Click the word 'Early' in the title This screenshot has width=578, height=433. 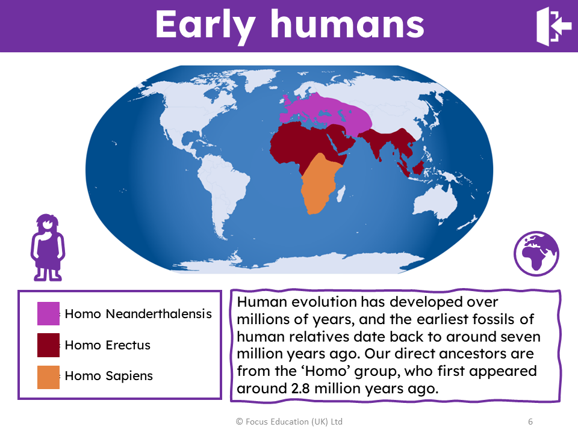point(205,26)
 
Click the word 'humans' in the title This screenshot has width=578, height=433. point(347,24)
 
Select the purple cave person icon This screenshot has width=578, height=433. point(48,247)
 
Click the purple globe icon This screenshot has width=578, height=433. point(536,253)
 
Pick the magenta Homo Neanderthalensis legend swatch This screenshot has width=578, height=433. point(48,313)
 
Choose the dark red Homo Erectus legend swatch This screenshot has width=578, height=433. point(48,345)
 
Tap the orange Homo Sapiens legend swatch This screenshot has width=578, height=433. point(48,377)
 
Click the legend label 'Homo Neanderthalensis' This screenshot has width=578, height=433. point(138,314)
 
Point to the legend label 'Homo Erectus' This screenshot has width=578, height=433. point(108,345)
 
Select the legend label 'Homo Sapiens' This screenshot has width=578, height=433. point(109,376)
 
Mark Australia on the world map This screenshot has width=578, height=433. point(435,203)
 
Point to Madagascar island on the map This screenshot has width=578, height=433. point(341,194)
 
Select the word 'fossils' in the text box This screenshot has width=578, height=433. point(491,319)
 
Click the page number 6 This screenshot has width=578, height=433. point(530,422)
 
